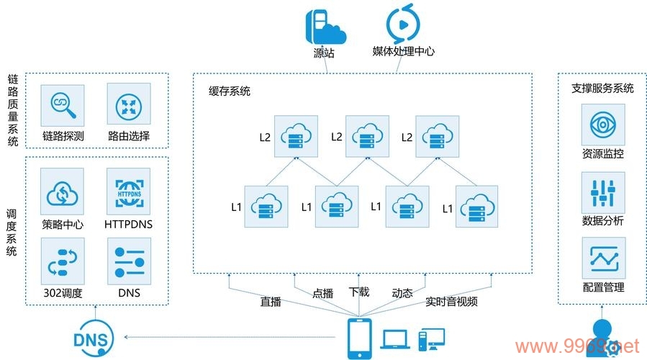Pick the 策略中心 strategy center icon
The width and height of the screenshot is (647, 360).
(x=63, y=190)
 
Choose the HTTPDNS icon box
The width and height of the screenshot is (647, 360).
(x=128, y=190)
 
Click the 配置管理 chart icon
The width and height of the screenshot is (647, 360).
(x=603, y=259)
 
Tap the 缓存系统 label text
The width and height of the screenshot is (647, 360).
(x=230, y=91)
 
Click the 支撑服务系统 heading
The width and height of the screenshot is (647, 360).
(x=602, y=88)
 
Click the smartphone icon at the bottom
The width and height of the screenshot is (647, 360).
(x=360, y=338)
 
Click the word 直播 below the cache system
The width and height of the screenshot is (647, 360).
(x=271, y=302)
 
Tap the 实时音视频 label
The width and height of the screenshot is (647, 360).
(x=451, y=302)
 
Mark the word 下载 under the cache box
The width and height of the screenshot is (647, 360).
(x=358, y=292)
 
